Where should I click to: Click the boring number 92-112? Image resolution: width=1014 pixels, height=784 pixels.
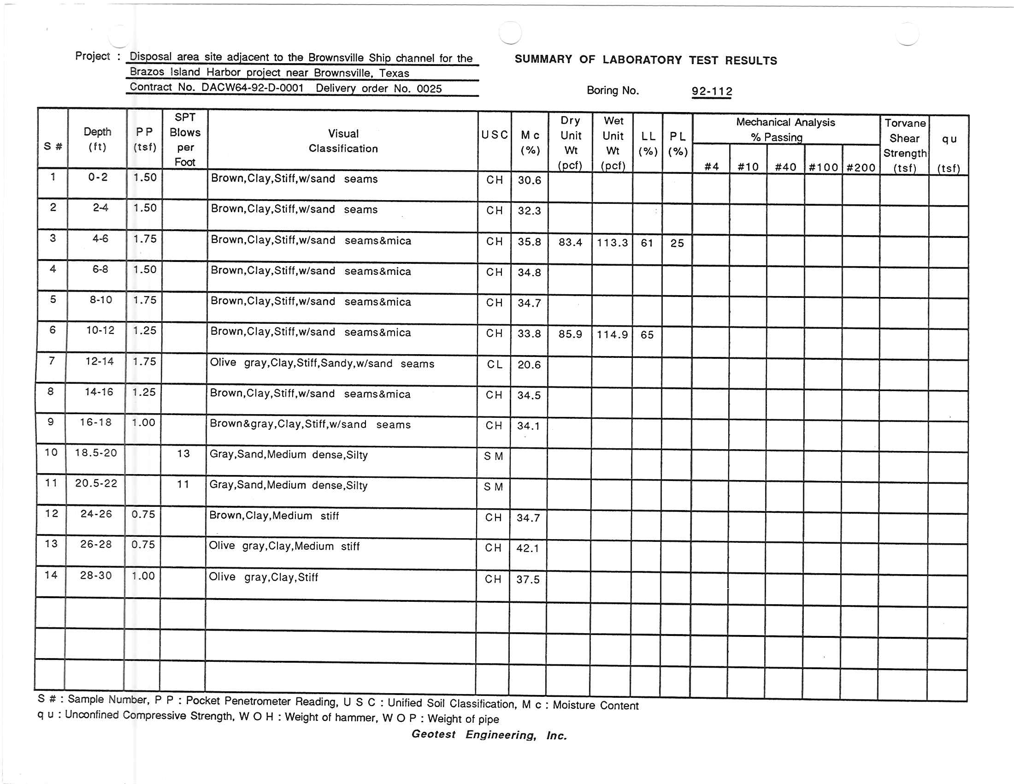tap(712, 91)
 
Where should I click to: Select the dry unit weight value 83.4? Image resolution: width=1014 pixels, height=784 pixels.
tap(570, 242)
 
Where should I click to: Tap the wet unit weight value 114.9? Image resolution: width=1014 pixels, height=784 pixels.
tap(612, 334)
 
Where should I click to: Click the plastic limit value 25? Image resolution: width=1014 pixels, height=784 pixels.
tap(677, 243)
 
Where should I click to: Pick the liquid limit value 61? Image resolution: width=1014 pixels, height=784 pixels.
tap(647, 243)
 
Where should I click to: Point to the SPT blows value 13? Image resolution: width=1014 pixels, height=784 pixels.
tap(183, 453)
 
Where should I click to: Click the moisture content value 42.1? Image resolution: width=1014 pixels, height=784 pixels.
tap(528, 548)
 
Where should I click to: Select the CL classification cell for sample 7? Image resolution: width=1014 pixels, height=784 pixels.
tap(495, 365)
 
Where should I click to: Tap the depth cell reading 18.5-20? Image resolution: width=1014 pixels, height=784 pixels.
tap(96, 453)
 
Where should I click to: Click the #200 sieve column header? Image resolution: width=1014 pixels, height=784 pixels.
tap(861, 167)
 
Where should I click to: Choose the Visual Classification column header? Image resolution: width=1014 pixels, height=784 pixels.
tap(343, 141)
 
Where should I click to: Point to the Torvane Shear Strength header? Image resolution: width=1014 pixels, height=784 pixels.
tap(904, 145)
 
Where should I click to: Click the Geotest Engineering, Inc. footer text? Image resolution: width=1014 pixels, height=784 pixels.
tap(489, 734)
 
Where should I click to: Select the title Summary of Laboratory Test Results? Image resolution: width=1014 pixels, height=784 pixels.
tap(645, 60)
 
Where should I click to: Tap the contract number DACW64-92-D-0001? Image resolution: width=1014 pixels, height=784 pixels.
tap(252, 88)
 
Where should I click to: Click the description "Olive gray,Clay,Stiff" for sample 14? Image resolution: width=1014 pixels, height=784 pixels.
tap(263, 577)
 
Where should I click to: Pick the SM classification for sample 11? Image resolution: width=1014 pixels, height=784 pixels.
tap(493, 487)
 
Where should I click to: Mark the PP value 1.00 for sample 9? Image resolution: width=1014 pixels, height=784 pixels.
tap(143, 422)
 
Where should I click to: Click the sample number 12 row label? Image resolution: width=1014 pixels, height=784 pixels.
tap(52, 513)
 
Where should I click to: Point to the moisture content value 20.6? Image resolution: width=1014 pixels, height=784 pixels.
tap(529, 365)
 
